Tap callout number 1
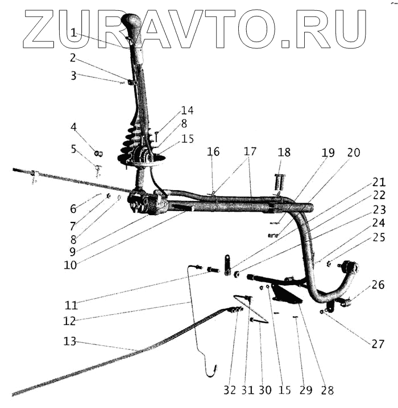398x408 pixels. point(74,34)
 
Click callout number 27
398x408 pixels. point(378,344)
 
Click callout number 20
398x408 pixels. point(353,153)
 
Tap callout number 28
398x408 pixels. point(327,390)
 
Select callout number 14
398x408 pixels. point(188,110)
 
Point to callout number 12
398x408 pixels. point(69,320)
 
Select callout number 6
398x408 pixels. point(74,208)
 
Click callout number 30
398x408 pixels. point(265,390)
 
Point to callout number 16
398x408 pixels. point(213,152)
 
